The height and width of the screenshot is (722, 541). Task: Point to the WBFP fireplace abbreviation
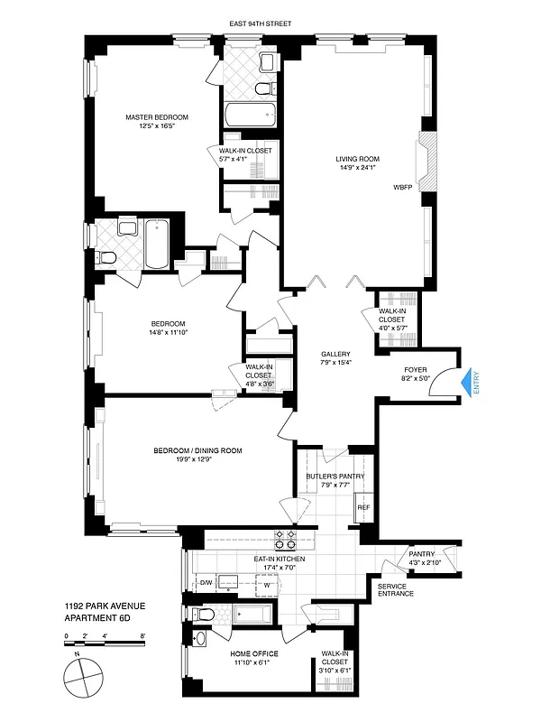[402, 188]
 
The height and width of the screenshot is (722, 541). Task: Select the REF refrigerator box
[363, 508]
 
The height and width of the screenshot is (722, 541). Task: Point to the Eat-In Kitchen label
[280, 560]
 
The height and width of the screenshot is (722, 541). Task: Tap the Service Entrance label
[396, 589]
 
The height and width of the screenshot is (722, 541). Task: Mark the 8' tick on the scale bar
[142, 637]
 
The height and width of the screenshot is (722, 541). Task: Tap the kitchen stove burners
[286, 539]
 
